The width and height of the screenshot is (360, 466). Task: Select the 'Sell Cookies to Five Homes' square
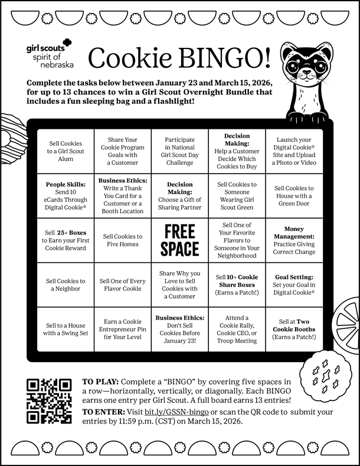point(123,240)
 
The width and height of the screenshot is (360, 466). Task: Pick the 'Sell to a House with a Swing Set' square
point(66,329)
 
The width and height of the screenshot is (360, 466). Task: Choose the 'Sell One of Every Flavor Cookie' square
point(123,285)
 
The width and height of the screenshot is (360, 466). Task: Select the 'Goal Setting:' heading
point(294,276)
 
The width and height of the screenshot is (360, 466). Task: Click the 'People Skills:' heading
point(66,184)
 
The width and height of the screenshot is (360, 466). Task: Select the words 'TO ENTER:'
point(103,411)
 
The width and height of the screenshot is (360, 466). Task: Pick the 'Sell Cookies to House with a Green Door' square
point(294,195)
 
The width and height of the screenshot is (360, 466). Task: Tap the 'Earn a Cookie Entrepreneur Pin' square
point(123,329)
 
